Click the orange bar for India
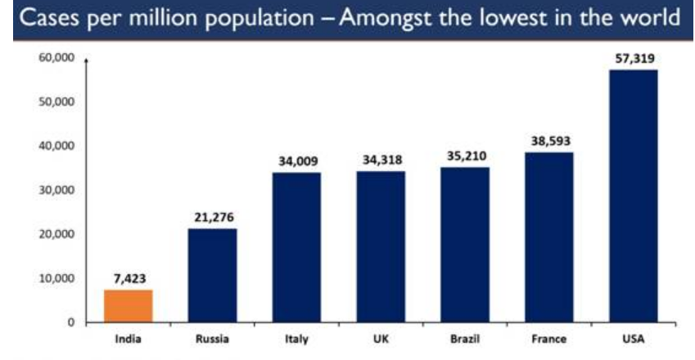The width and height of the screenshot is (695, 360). click(128, 305)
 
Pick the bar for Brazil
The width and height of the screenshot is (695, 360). click(465, 245)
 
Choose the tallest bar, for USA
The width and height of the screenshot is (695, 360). click(634, 196)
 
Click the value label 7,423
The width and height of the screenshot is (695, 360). click(128, 278)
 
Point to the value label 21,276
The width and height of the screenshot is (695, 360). click(212, 217)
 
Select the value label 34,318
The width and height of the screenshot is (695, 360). click(381, 160)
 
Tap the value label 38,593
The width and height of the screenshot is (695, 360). click(549, 141)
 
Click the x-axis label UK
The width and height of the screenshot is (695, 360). click(381, 337)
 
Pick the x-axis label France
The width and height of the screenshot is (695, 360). click(549, 337)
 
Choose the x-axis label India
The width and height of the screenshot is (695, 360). click(128, 337)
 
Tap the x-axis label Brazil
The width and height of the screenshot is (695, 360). click(465, 337)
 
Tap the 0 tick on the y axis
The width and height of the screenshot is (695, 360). click(70, 322)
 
